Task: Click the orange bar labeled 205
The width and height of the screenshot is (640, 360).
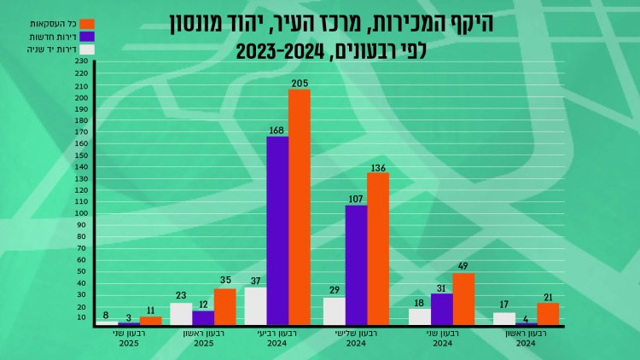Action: point(300,207)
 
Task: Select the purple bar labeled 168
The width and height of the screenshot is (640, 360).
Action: point(277,230)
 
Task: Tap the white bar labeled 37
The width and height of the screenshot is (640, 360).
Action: point(255,305)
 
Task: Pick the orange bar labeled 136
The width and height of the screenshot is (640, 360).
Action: point(378,248)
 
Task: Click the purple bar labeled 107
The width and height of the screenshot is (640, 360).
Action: point(356,264)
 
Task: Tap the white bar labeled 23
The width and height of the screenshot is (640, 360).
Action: point(181,313)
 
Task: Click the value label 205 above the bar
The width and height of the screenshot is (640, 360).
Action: point(299,83)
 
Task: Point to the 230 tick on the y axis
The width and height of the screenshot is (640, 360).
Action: point(82,61)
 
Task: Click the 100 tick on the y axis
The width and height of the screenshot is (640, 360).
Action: point(82,213)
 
